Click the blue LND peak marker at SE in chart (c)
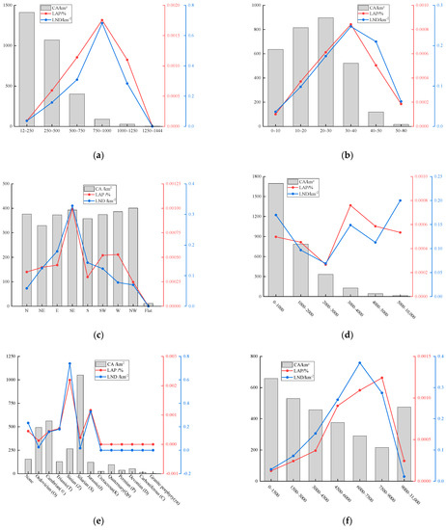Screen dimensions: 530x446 tap(72, 207)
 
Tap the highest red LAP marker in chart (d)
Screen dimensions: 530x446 tap(350, 205)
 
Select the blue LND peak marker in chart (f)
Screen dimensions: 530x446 tap(360, 363)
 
